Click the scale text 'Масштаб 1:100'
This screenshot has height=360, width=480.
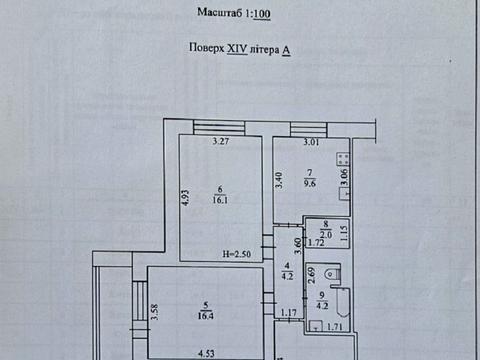[x=234, y=13]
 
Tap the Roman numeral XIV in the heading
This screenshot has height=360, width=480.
[x=237, y=49]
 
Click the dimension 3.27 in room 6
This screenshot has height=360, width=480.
[x=221, y=141]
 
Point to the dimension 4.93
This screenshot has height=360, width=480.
[x=186, y=197]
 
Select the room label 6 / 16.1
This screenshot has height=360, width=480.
[x=220, y=195]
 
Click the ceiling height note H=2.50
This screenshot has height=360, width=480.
[x=236, y=254]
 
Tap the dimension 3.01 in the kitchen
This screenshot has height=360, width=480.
[x=311, y=142]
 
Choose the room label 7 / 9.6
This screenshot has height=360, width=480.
[x=310, y=178]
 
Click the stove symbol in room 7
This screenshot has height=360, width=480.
[x=343, y=159]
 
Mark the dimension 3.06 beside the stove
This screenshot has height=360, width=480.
[x=345, y=177]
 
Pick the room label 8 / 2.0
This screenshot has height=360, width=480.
[x=326, y=230]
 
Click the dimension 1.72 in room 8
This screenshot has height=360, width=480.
[x=316, y=242]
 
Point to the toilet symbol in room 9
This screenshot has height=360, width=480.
[x=332, y=274]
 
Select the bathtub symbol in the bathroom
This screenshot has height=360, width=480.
[x=343, y=302]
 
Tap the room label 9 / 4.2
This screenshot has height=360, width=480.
[x=322, y=300]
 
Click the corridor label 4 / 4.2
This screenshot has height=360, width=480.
[x=287, y=271]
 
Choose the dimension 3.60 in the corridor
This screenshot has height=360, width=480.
[x=298, y=246]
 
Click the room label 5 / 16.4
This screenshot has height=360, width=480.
[x=206, y=311]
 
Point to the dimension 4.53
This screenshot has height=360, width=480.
[x=206, y=353]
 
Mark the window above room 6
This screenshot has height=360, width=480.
[x=219, y=128]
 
